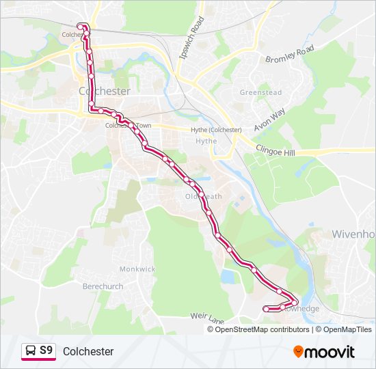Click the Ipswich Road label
(191, 38)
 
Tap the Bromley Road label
(289, 55)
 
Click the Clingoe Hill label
(275, 150)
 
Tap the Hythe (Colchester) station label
(216, 130)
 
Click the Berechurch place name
(103, 286)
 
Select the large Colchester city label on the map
(105, 90)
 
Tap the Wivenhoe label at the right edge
(353, 234)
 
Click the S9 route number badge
(46, 351)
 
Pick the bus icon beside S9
(31, 351)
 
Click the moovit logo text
(330, 352)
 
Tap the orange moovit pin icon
(299, 351)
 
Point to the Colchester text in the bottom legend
(88, 351)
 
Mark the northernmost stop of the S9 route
(81, 26)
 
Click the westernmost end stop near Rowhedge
(266, 310)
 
